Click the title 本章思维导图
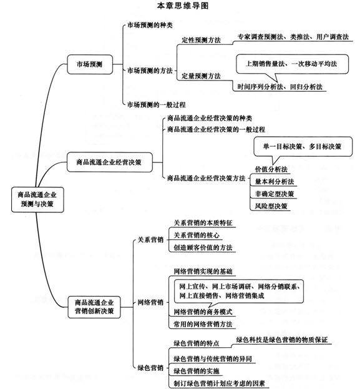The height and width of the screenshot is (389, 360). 182,6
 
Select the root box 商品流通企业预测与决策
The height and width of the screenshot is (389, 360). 37,199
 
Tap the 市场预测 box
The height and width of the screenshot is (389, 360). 90,64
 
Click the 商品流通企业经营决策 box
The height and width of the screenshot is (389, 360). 109,162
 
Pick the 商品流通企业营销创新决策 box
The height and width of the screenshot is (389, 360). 94,307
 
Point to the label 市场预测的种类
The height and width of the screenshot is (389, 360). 150,25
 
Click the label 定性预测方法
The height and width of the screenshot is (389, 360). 201,40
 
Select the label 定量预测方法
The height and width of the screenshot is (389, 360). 201,76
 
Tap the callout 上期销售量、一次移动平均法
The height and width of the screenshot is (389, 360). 292,64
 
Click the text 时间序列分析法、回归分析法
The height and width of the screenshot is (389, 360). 280,87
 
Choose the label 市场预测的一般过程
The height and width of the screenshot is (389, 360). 156,105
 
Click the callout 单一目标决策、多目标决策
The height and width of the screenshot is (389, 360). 303,146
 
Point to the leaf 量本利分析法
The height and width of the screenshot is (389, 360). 275,182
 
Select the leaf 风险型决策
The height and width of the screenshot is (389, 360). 271,206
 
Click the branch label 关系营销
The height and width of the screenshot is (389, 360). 150,240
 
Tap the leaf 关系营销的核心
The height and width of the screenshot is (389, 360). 197,235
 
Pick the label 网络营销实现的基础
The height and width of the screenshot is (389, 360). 203,272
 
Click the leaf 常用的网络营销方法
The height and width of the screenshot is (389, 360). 203,324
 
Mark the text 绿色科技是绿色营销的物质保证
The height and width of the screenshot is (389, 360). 282,340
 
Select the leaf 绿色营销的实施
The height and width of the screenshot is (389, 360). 197,371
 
